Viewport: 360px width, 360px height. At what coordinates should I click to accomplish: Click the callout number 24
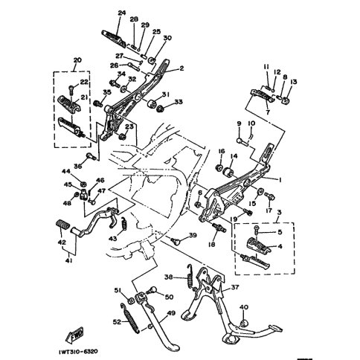pos(122,13)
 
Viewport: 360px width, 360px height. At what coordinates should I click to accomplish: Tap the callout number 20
pos(77,60)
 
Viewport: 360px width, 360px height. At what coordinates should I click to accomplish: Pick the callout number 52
pos(116,321)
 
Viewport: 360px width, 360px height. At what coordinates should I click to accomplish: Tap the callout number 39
pos(193,236)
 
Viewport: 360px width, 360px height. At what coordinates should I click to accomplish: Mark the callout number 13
pos(294,82)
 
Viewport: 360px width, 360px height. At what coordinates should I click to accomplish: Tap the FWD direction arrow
pos(77,332)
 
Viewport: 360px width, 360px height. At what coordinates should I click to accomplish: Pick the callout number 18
pos(212,243)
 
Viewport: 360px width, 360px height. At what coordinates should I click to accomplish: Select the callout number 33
pos(178,102)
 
